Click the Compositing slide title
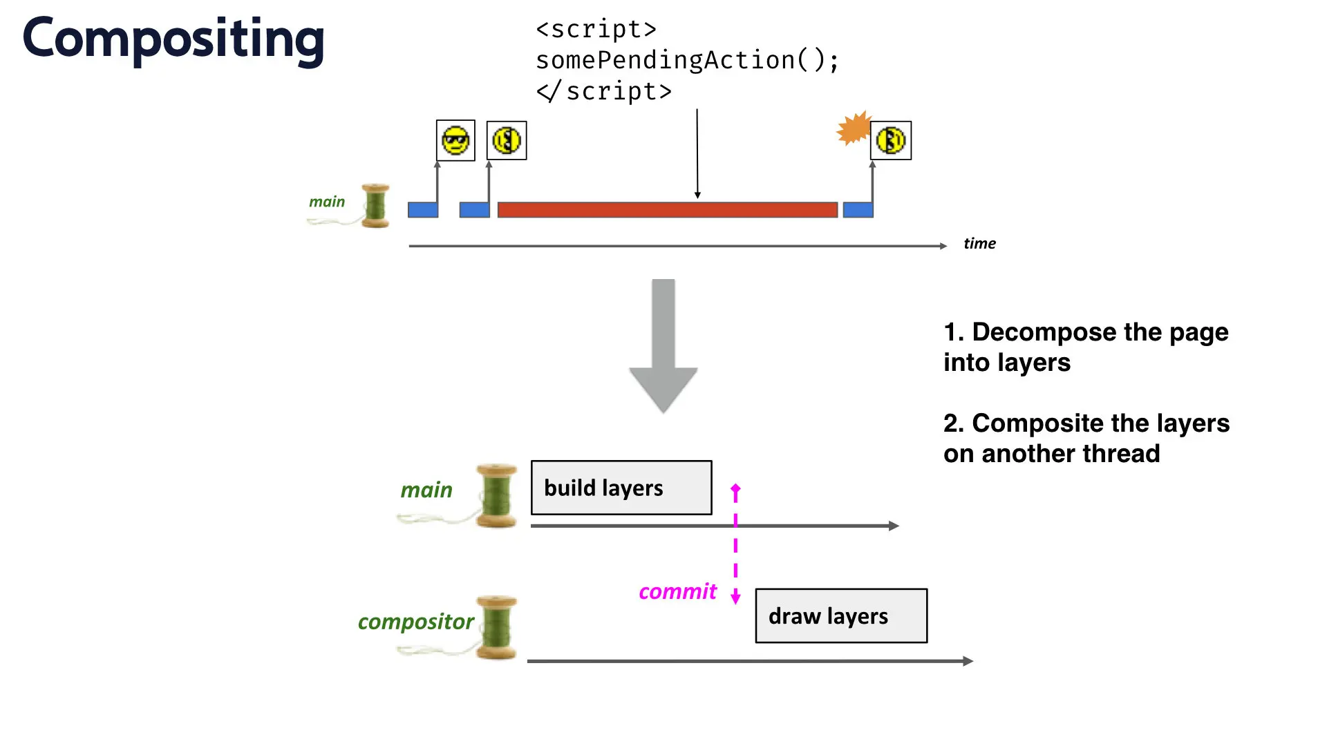click(x=173, y=40)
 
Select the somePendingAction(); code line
click(x=688, y=61)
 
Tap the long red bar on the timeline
click(x=668, y=210)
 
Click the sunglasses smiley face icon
click(x=455, y=140)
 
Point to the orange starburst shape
click(x=854, y=128)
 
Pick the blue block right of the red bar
click(x=858, y=210)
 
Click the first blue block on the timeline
click(x=423, y=210)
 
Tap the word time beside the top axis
click(x=979, y=243)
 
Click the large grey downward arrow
click(x=663, y=346)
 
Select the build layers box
click(x=621, y=488)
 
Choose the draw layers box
click(x=841, y=615)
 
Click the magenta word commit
click(x=677, y=592)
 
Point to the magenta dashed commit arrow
click(x=735, y=544)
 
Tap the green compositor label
click(x=415, y=622)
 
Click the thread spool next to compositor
click(x=496, y=627)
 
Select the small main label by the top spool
click(x=327, y=202)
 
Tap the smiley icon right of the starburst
click(x=891, y=140)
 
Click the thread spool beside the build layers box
click(x=496, y=496)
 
